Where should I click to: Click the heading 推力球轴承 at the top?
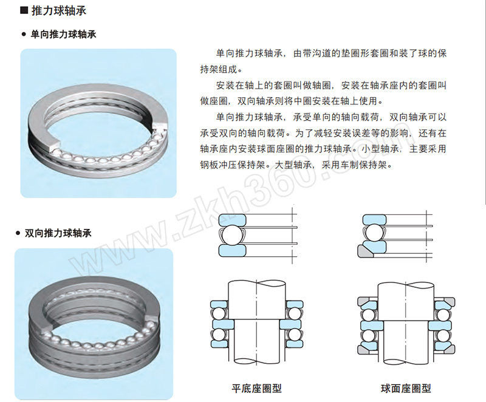58,10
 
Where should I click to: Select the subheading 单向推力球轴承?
63,34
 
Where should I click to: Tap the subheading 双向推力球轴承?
58,233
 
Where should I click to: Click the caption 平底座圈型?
256,388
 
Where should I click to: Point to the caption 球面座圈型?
406,388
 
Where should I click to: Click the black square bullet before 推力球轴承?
24,10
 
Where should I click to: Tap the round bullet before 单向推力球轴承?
24,35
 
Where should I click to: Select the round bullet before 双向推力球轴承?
18,233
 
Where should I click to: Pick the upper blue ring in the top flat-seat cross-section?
232,219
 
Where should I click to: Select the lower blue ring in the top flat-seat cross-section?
232,251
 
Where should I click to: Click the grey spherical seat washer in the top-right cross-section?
366,251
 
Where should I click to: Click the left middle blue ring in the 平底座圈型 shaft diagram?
223,324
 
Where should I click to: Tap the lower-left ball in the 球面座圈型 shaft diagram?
368,336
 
